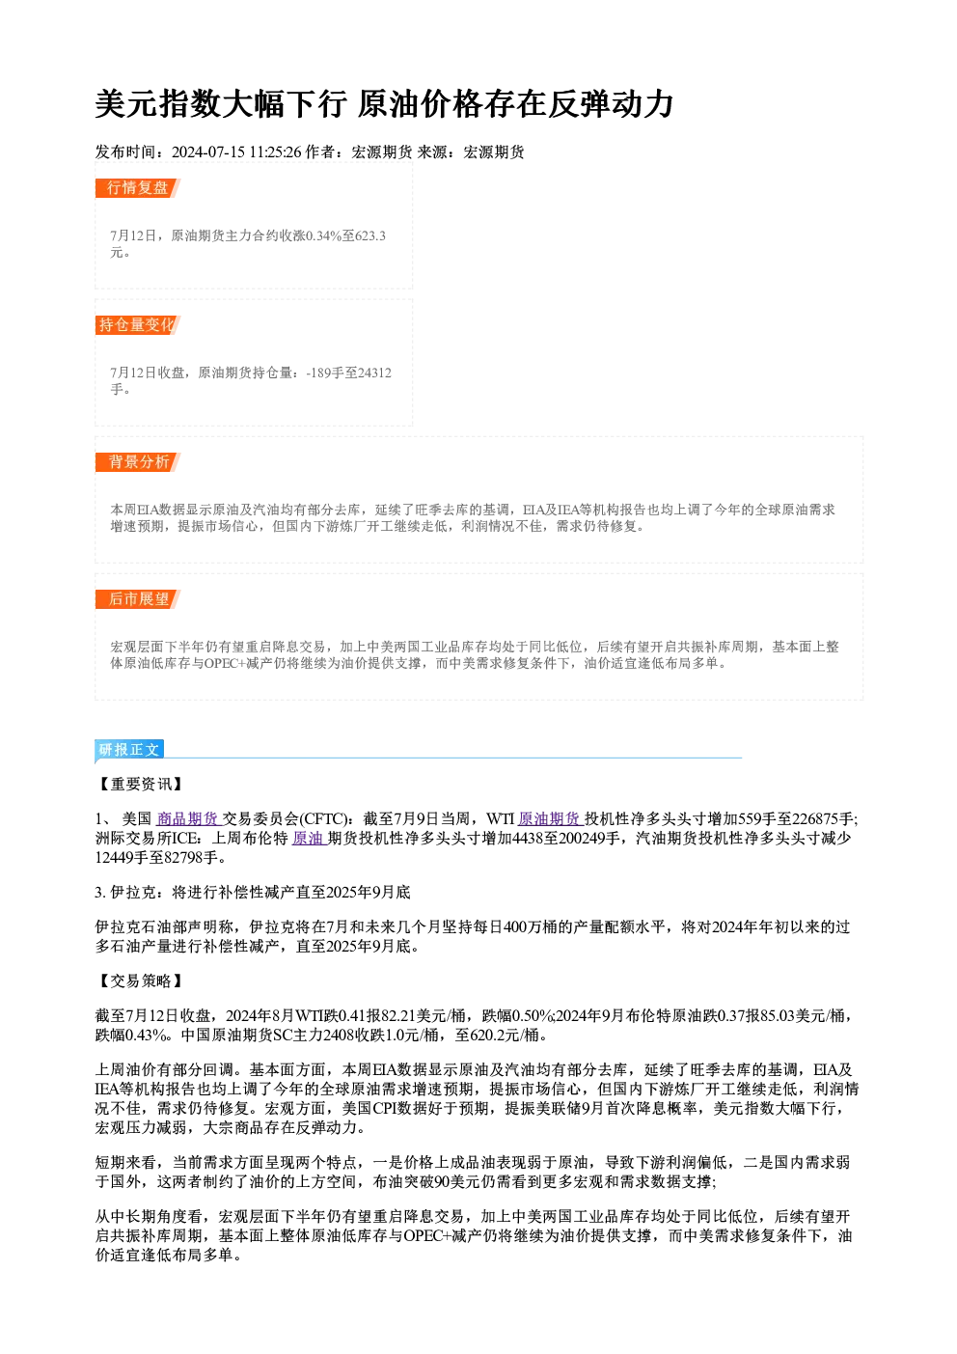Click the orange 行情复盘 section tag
point(137,188)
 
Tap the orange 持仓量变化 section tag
point(137,325)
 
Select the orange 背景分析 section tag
point(137,462)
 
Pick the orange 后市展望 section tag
point(137,599)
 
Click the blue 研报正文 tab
point(129,750)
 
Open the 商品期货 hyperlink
point(189,819)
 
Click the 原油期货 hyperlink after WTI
point(551,819)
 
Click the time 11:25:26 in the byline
point(275,152)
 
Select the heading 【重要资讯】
point(140,785)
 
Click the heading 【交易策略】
point(140,981)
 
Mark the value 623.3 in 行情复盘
point(370,235)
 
